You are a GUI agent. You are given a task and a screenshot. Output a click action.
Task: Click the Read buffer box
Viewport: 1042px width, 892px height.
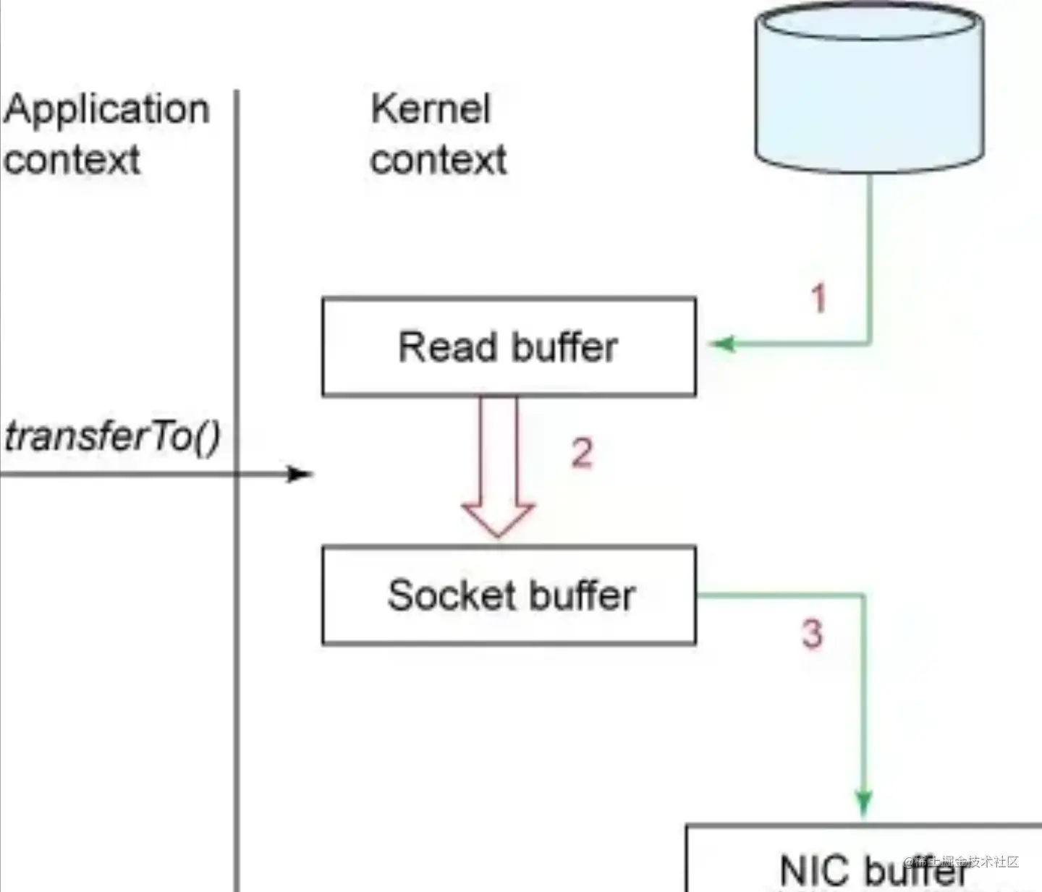509,347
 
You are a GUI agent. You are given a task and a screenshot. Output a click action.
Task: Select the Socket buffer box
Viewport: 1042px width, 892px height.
509,595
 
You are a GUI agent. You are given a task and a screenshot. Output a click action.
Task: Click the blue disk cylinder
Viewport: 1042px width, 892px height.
869,87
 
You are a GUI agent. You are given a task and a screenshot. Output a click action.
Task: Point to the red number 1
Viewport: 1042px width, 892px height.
818,299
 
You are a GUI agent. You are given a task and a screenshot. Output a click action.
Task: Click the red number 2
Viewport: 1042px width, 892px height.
583,454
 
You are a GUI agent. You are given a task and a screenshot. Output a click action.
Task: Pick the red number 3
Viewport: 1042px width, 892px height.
812,633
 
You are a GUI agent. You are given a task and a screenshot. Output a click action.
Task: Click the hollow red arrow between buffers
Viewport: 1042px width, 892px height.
499,470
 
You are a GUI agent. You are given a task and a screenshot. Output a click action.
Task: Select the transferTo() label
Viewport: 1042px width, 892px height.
112,437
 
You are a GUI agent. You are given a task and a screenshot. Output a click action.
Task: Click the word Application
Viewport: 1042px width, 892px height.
106,110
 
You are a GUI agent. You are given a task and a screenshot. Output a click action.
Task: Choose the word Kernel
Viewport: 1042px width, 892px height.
431,110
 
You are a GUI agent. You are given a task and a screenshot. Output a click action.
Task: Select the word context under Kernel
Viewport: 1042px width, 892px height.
439,160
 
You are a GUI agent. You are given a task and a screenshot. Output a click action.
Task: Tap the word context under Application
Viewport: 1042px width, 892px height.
71,160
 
